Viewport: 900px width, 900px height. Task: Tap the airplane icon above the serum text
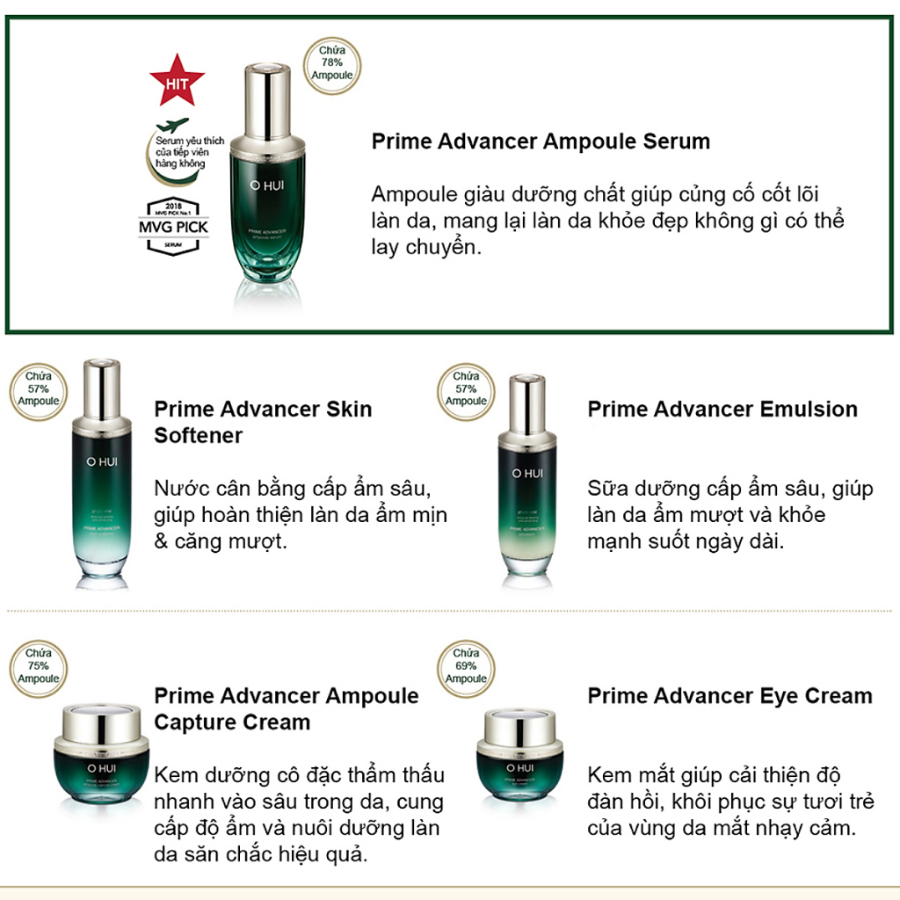coord(175,124)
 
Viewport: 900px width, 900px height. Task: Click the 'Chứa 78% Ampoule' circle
coord(331,62)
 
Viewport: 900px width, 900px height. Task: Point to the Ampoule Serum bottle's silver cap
coord(267,97)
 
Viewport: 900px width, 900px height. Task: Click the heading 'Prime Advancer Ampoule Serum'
coord(541,142)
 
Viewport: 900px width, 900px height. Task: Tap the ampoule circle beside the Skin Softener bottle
coord(39,389)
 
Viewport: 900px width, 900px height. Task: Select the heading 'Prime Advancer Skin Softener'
coord(263,422)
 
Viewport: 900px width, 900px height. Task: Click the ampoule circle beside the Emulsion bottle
coord(466,389)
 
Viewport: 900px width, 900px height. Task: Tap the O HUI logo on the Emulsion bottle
coord(526,474)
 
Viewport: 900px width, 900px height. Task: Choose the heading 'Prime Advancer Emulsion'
coord(722,409)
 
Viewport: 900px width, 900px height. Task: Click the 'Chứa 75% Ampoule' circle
coord(39,666)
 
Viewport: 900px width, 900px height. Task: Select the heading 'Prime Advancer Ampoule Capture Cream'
coord(287,708)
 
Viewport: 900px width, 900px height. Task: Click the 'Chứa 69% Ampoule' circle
coord(466,666)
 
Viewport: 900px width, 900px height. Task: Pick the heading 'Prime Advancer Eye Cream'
coord(729,696)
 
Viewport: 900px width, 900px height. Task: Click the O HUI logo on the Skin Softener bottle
coord(101,460)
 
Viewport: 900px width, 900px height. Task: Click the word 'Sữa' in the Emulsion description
coord(606,489)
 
